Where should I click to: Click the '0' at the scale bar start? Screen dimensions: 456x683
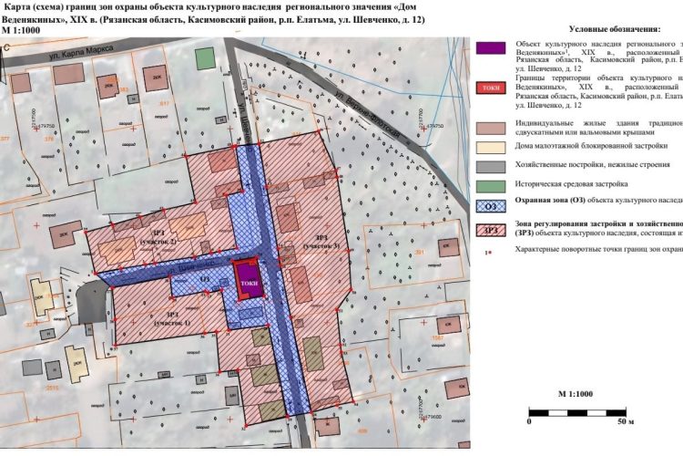(529, 422)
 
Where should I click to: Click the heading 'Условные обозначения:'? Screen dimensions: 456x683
(616, 29)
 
